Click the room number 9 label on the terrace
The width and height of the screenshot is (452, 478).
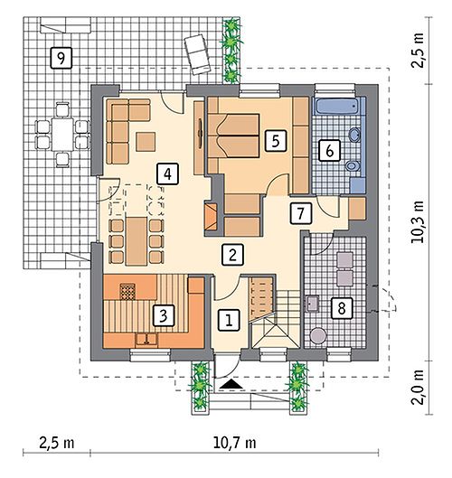(61, 58)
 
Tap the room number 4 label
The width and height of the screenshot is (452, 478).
(167, 173)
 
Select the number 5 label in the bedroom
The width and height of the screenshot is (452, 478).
(276, 141)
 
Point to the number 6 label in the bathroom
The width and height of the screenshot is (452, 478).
(329, 150)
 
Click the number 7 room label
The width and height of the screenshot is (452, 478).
(301, 213)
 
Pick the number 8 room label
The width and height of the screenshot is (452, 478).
(342, 308)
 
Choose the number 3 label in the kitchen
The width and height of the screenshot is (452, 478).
(164, 315)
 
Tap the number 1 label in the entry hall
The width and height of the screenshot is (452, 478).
(229, 320)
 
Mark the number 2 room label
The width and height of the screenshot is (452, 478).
(232, 254)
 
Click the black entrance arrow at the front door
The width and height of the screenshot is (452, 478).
(231, 384)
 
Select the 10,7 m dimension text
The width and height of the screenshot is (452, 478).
(234, 443)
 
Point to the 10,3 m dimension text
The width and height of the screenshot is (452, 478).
(418, 221)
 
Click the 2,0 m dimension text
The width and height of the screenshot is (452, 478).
(418, 387)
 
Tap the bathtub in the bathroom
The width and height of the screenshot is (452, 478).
(338, 106)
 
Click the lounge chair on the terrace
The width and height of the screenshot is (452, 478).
(197, 54)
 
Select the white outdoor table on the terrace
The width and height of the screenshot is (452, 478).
(62, 134)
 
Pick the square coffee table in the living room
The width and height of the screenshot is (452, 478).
(146, 142)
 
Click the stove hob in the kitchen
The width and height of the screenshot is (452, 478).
(127, 292)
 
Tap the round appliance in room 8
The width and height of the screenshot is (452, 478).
(318, 335)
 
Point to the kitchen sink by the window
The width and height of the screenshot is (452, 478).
(146, 340)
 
